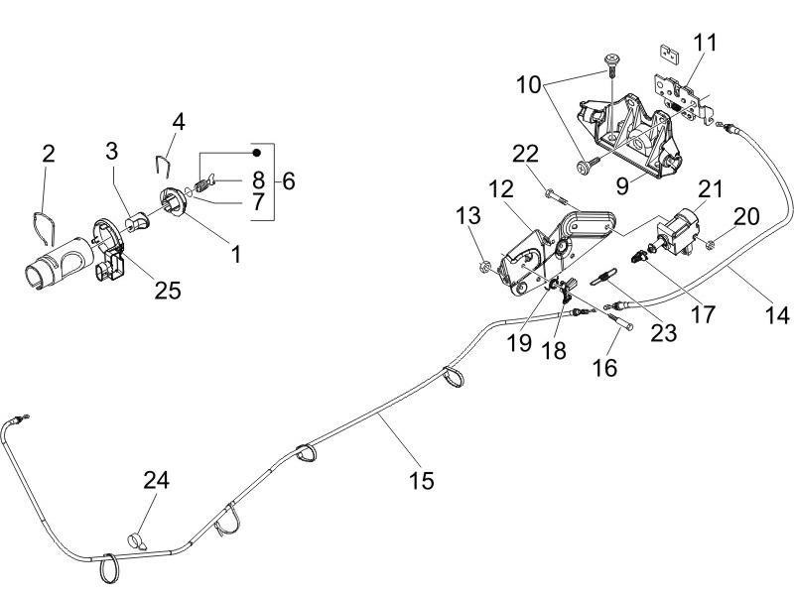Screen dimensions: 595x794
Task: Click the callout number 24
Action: (x=156, y=481)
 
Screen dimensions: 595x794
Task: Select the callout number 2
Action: (x=48, y=154)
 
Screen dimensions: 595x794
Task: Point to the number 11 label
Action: (x=706, y=43)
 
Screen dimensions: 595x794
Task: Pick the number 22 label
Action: (x=525, y=154)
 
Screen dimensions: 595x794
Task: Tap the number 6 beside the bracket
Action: (x=289, y=180)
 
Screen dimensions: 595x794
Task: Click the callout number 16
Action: (x=604, y=367)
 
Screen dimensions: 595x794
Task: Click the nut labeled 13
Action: (x=486, y=265)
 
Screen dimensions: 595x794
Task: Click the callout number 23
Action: (x=662, y=332)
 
